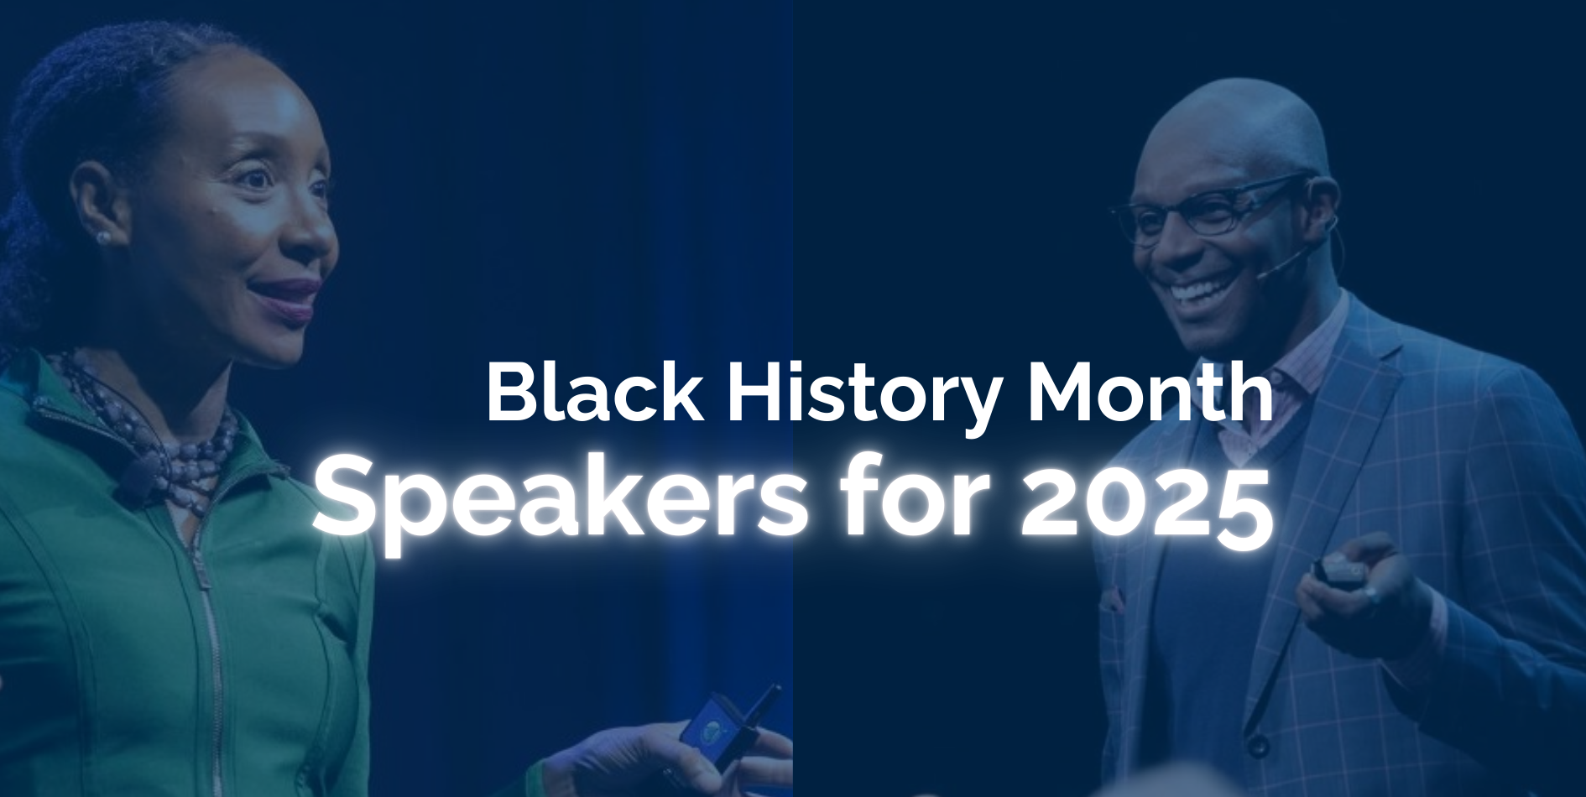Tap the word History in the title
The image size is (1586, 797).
pos(864,393)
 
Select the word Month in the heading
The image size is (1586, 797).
pos(1150,393)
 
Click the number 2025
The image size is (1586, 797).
pos(1146,502)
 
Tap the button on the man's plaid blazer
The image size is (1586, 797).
pos(1256,745)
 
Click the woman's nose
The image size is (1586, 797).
pos(310,239)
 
